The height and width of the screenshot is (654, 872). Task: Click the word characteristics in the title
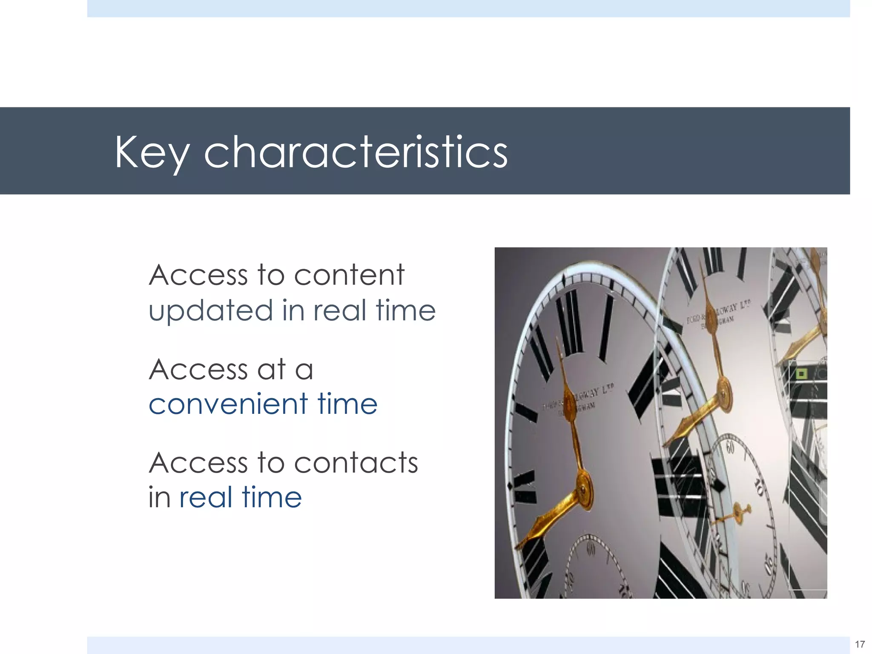(x=356, y=152)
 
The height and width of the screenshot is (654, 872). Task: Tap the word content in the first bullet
(x=349, y=275)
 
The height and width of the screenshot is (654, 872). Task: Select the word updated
(x=211, y=311)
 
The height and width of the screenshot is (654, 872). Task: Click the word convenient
(x=228, y=404)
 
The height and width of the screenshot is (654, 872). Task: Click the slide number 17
(x=860, y=644)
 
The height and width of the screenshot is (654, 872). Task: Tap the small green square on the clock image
(x=801, y=374)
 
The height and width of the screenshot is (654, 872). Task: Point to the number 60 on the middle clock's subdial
(x=730, y=447)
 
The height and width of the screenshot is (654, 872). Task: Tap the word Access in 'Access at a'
(x=198, y=369)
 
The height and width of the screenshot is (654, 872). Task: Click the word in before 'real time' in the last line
(x=159, y=497)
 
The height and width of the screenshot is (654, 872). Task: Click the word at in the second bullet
(x=271, y=369)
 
